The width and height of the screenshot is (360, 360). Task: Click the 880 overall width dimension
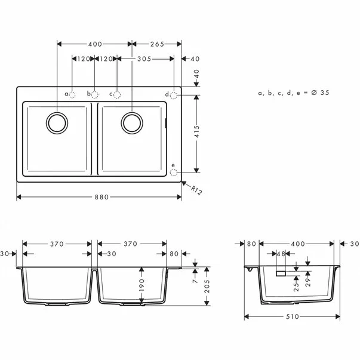pos(101,198)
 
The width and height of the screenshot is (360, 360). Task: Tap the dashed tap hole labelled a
pos(72,95)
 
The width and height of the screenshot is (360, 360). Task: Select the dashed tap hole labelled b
pos(95,95)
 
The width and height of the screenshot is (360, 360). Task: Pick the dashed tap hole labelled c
pos(118,95)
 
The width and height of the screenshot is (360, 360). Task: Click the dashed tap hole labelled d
pos(174,95)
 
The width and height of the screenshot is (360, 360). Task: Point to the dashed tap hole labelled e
pos(174,172)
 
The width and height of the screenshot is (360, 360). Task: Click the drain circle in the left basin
pos(57,123)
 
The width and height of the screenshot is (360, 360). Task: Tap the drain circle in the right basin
pos(131,123)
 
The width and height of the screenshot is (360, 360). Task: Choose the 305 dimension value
pos(143,59)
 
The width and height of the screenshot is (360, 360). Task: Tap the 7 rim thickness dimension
pos(195,278)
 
